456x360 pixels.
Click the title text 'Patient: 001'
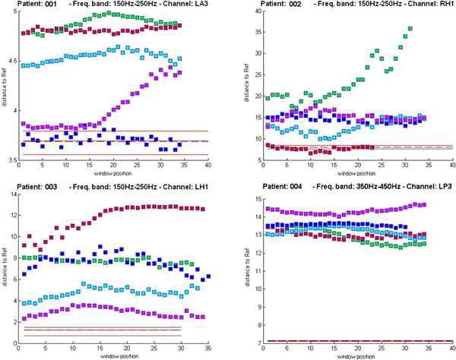pos(24,5)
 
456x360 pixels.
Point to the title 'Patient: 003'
pos(24,186)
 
